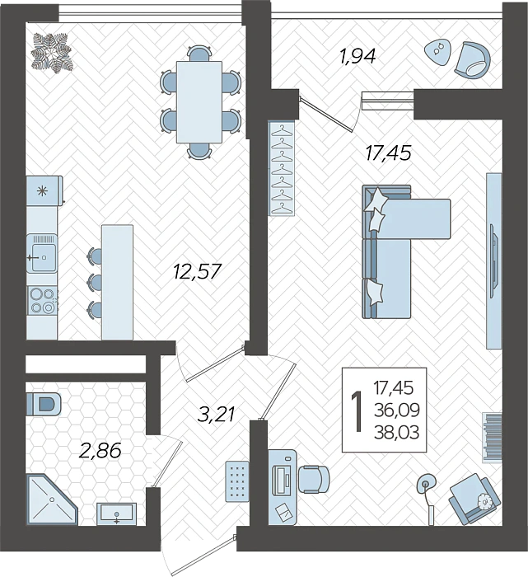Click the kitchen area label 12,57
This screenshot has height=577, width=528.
click(x=198, y=270)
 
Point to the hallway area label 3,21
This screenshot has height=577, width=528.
click(x=217, y=414)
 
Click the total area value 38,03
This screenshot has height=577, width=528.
click(x=399, y=426)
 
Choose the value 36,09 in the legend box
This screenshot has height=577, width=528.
click(x=399, y=406)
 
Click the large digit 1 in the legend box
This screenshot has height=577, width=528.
click(x=357, y=410)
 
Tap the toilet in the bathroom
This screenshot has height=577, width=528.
click(x=44, y=404)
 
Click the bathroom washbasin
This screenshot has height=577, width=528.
click(x=117, y=513)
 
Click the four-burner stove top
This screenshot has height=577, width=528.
click(x=42, y=300)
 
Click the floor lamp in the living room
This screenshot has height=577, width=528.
click(x=426, y=483)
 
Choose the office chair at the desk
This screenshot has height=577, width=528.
click(x=313, y=477)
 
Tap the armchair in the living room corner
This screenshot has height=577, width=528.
click(x=473, y=499)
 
